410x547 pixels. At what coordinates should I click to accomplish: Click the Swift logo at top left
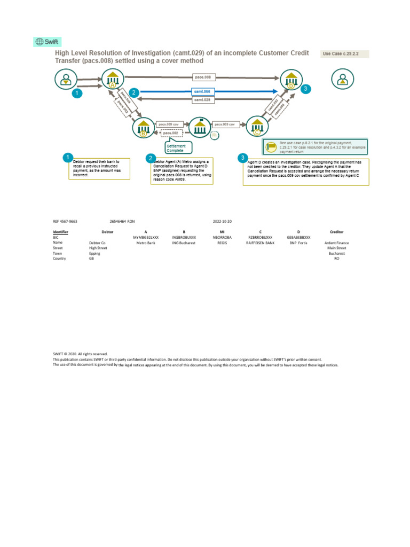(x=47, y=42)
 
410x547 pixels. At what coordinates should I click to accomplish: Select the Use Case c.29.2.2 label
(x=345, y=54)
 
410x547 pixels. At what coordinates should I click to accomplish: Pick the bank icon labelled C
(x=256, y=128)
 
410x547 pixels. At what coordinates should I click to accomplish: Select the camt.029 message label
(x=202, y=100)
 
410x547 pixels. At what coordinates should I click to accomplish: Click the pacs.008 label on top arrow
(x=203, y=77)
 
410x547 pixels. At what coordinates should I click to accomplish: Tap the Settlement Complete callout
(x=178, y=148)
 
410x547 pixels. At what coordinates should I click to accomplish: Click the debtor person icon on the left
(x=66, y=80)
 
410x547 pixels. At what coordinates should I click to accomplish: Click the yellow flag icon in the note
(x=271, y=146)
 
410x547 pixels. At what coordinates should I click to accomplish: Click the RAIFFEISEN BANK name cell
(x=260, y=243)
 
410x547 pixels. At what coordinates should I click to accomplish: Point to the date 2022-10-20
(x=222, y=221)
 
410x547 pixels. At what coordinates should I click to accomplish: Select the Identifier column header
(x=60, y=232)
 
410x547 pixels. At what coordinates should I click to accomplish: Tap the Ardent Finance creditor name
(x=336, y=243)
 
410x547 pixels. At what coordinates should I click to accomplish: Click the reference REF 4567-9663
(x=65, y=221)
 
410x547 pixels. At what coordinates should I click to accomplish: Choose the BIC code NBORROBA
(x=222, y=237)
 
